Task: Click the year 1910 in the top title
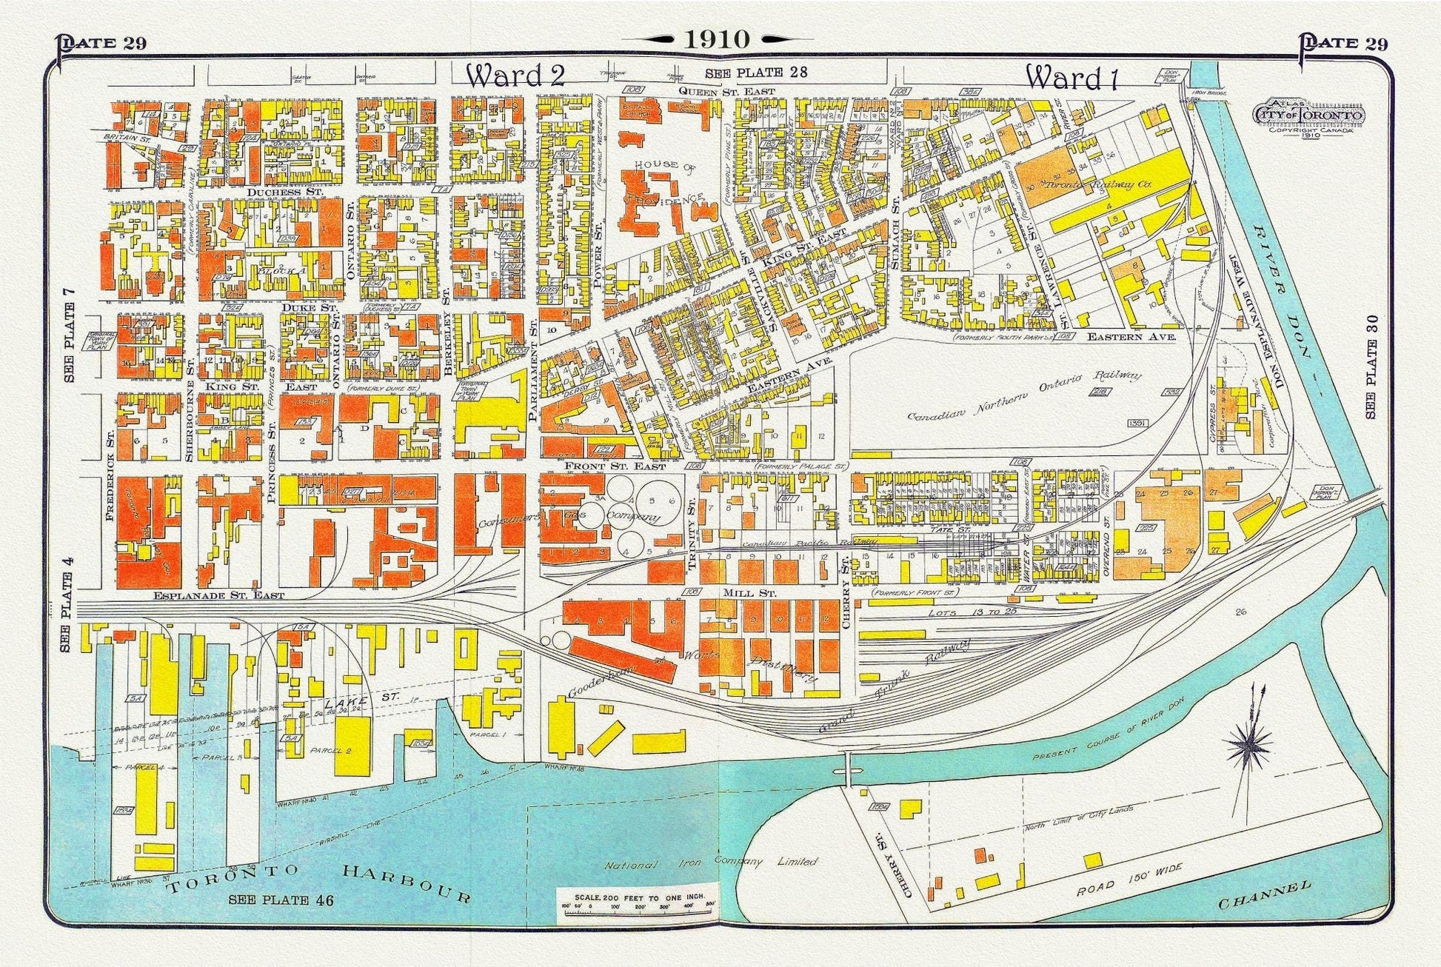717,39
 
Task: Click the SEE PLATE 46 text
281,900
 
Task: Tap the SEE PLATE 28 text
755,73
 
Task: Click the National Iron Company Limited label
711,863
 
